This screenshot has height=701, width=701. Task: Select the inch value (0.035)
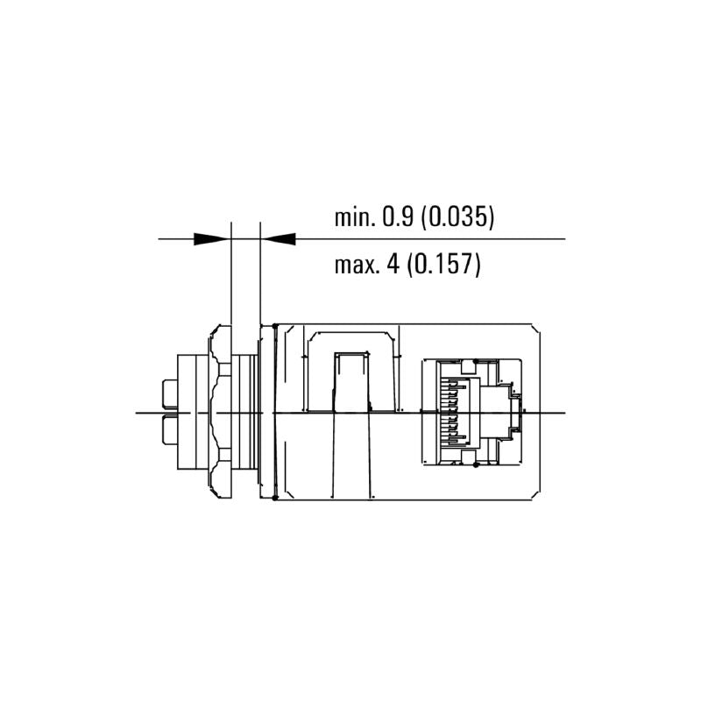pyautogui.click(x=457, y=217)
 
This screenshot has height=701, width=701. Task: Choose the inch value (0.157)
pyautogui.click(x=445, y=265)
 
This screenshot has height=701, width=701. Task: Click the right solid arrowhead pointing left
pyautogui.click(x=280, y=238)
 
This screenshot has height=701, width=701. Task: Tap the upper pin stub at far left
pyautogui.click(x=169, y=395)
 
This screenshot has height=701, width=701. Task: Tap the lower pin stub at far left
pyautogui.click(x=169, y=428)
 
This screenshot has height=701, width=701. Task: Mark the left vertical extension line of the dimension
pyautogui.click(x=230, y=280)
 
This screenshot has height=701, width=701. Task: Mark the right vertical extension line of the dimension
pyautogui.click(x=261, y=280)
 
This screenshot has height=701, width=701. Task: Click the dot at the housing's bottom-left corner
pyautogui.click(x=275, y=499)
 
